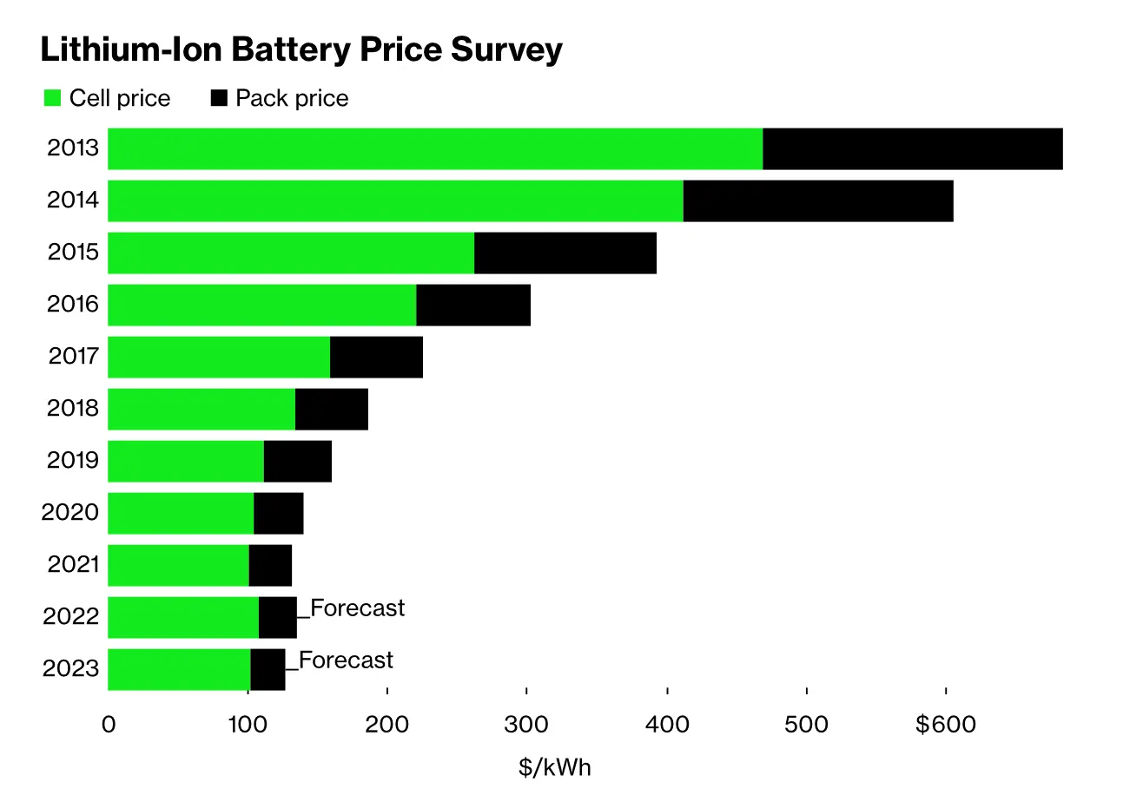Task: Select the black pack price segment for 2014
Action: point(818,201)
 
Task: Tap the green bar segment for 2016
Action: point(261,306)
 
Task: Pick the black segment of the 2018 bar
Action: point(332,410)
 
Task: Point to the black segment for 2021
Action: point(270,566)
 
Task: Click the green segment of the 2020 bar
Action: point(181,514)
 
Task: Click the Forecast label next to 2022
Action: point(357,608)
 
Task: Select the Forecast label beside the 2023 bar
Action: point(346,660)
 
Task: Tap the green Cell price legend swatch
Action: point(53,98)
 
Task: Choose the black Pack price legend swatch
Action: point(219,98)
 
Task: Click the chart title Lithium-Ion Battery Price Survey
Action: point(301,50)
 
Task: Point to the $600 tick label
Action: point(945,724)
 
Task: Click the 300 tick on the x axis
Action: point(526,724)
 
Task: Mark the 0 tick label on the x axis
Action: point(109,724)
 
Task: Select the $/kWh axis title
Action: point(554,767)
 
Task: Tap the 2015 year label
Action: point(73,253)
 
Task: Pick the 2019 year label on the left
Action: point(73,461)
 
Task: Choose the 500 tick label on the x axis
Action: point(807,724)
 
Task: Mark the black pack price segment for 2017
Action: point(376,358)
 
